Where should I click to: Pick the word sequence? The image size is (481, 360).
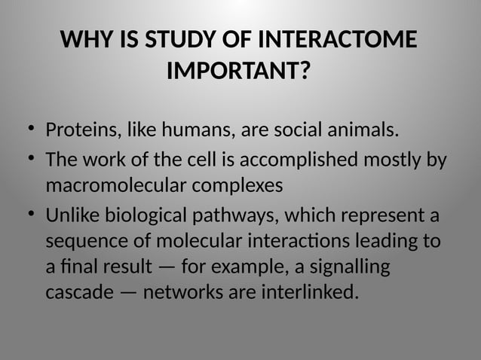[81, 243]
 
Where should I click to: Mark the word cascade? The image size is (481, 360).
[77, 292]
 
